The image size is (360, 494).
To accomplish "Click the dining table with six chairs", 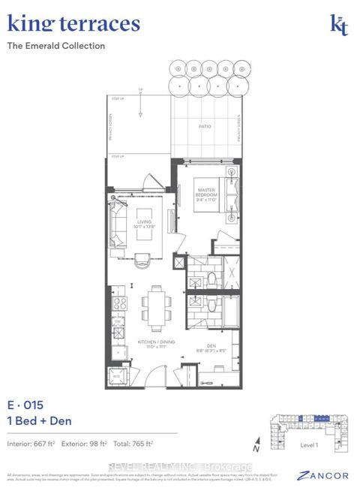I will click(155, 303).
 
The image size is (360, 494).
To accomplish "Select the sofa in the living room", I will click(117, 224).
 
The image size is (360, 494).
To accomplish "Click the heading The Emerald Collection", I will click(56, 46).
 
